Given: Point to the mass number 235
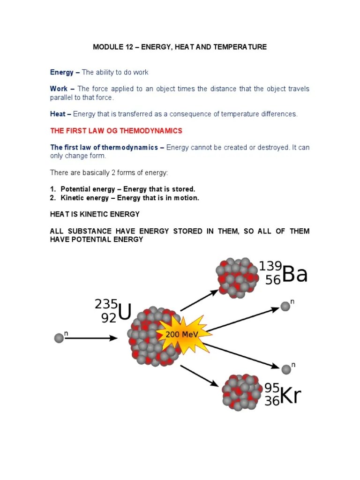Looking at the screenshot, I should pos(106,304).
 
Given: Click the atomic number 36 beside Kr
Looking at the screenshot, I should pos(272,402).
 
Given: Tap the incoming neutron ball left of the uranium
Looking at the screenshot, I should pos(59,338).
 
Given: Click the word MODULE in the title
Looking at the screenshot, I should pos(106,47).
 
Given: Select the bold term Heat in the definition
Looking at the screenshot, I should pos(58,114).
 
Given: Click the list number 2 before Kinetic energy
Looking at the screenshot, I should pos(52,198).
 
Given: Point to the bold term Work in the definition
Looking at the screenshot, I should pos(59,89).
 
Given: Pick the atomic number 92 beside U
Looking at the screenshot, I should pos(109,318).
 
